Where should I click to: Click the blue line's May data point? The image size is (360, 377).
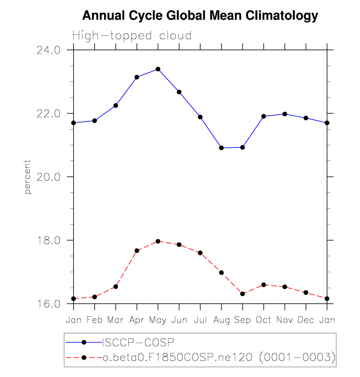pyautogui.click(x=158, y=69)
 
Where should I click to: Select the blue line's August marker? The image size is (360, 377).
pyautogui.click(x=222, y=148)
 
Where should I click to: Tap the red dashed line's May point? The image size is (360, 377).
pyautogui.click(x=158, y=242)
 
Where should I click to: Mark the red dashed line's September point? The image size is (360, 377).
pyautogui.click(x=243, y=294)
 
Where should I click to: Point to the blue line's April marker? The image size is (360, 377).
pyautogui.click(x=137, y=77)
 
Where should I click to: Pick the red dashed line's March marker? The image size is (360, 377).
pyautogui.click(x=116, y=287)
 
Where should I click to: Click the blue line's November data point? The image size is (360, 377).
pyautogui.click(x=285, y=114)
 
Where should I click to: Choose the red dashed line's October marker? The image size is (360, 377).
pyautogui.click(x=264, y=285)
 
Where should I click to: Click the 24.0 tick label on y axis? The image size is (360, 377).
pyautogui.click(x=48, y=50)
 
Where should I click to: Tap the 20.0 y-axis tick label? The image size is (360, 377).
pyautogui.click(x=48, y=177)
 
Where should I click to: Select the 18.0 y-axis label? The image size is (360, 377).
pyautogui.click(x=48, y=241)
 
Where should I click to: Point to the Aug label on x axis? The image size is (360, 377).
pyautogui.click(x=222, y=321)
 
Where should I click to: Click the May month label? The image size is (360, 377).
pyautogui.click(x=158, y=321)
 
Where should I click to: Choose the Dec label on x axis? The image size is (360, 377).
pyautogui.click(x=305, y=320)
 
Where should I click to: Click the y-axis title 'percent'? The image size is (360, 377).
pyautogui.click(x=28, y=177)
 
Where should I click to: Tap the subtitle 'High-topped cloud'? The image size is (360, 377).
pyautogui.click(x=132, y=35)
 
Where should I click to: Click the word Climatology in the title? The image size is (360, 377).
pyautogui.click(x=281, y=16)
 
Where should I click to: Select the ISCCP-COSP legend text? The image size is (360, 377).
pyautogui.click(x=138, y=342)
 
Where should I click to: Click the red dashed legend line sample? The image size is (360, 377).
pyautogui.click(x=84, y=357)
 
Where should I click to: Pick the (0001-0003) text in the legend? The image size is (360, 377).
pyautogui.click(x=297, y=357)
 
